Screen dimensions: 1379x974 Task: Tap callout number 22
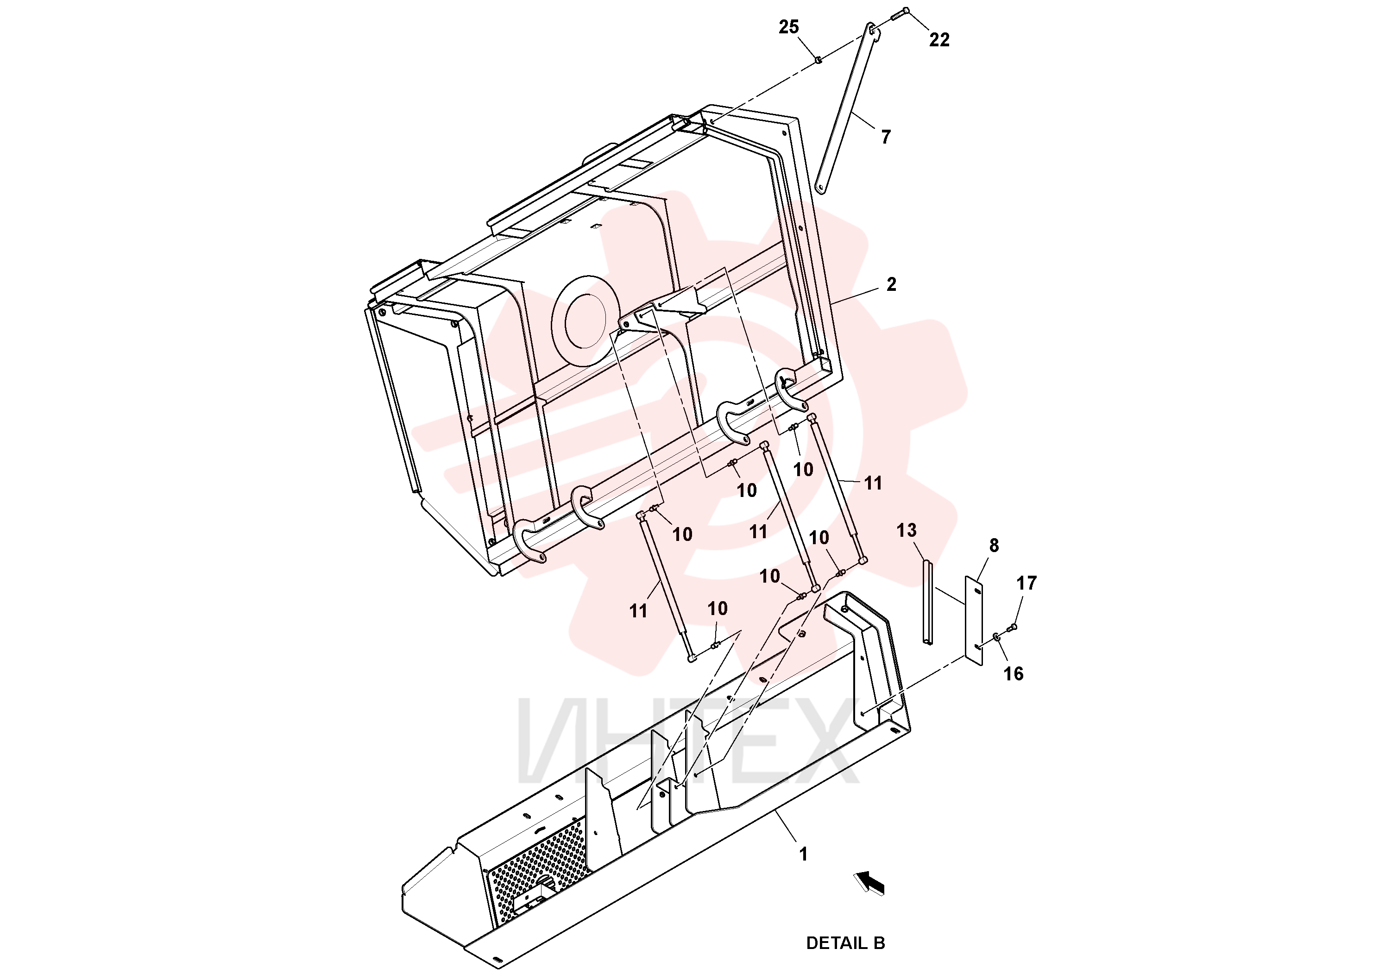(x=939, y=40)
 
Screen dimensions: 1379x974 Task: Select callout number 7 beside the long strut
(x=885, y=137)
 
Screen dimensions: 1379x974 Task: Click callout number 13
(x=907, y=530)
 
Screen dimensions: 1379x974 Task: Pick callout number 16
(x=1013, y=674)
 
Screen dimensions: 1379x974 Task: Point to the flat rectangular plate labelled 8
(x=974, y=620)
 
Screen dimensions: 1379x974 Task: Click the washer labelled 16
(x=997, y=636)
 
